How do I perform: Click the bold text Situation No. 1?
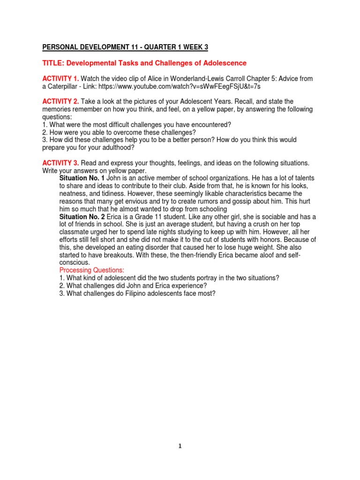click(x=82, y=178)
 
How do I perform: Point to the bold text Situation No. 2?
click(x=82, y=217)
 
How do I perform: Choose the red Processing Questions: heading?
click(x=91, y=270)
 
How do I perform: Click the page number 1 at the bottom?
click(x=180, y=446)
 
